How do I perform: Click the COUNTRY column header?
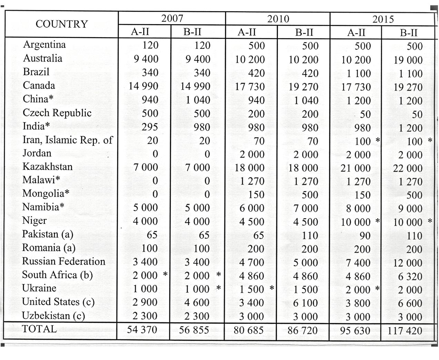pyautogui.click(x=62, y=24)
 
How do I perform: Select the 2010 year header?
pyautogui.click(x=278, y=19)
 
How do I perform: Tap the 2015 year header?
pyautogui.click(x=383, y=19)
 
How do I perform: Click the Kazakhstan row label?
pyautogui.click(x=48, y=167)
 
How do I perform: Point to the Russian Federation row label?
pyautogui.click(x=64, y=261)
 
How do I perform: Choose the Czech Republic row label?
pyautogui.click(x=57, y=113)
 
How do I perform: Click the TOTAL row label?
pyautogui.click(x=39, y=329)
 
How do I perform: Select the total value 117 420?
pyautogui.click(x=405, y=331)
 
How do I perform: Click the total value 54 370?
pyautogui.click(x=142, y=330)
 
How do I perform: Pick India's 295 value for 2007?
pyautogui.click(x=150, y=127)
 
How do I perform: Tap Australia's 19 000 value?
pyautogui.click(x=408, y=60)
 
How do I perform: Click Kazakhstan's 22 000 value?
pyautogui.click(x=408, y=168)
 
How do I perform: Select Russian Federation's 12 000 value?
pyautogui.click(x=408, y=263)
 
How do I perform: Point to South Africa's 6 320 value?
pyautogui.click(x=410, y=276)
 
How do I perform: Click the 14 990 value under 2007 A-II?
pyautogui.click(x=143, y=86)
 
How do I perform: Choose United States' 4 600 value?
pyautogui.click(x=197, y=302)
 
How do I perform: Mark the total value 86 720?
pyautogui.click(x=302, y=330)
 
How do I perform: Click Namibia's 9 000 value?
pyautogui.click(x=410, y=208)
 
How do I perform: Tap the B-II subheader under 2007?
pyautogui.click(x=192, y=32)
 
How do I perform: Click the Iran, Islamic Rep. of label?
pyautogui.click(x=68, y=140)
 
